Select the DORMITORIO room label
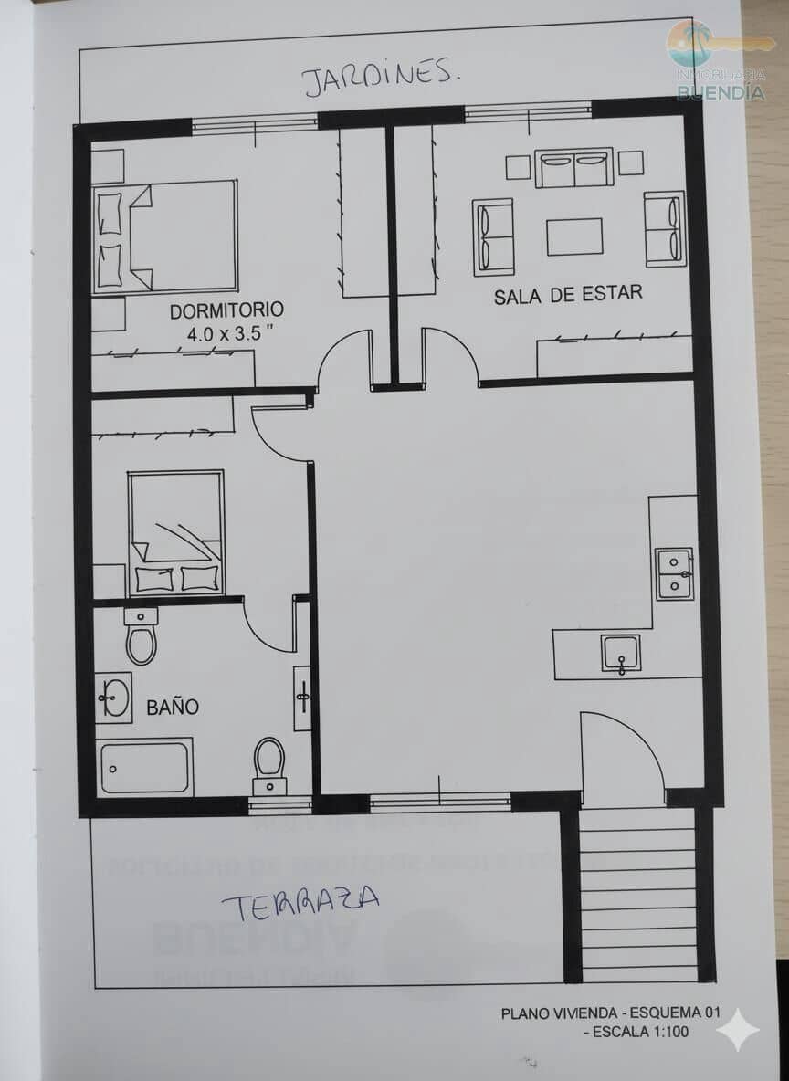226,310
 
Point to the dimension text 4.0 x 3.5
230,334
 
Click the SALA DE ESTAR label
568,294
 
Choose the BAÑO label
173,707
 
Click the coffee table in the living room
574,236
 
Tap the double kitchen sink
674,573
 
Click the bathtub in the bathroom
145,768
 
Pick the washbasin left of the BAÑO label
114,698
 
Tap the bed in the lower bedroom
176,533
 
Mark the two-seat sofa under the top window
573,168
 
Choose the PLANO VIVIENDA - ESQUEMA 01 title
610,1013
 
